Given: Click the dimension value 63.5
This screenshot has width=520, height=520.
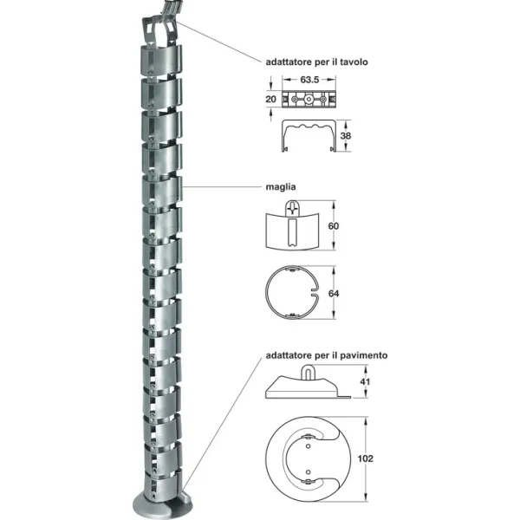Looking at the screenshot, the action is (309, 80).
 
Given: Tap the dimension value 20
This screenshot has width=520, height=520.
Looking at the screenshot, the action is (270, 99).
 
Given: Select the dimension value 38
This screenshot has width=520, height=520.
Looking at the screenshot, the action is (346, 136).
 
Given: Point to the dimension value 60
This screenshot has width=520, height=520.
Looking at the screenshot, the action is (334, 226).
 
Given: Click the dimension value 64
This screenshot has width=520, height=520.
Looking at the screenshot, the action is (334, 294).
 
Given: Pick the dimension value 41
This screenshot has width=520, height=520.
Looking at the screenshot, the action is (365, 381).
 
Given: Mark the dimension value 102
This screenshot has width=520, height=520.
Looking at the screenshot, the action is (366, 458).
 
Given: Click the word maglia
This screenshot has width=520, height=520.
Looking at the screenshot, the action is (281, 187).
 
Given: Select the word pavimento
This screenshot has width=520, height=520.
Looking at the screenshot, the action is (366, 355).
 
